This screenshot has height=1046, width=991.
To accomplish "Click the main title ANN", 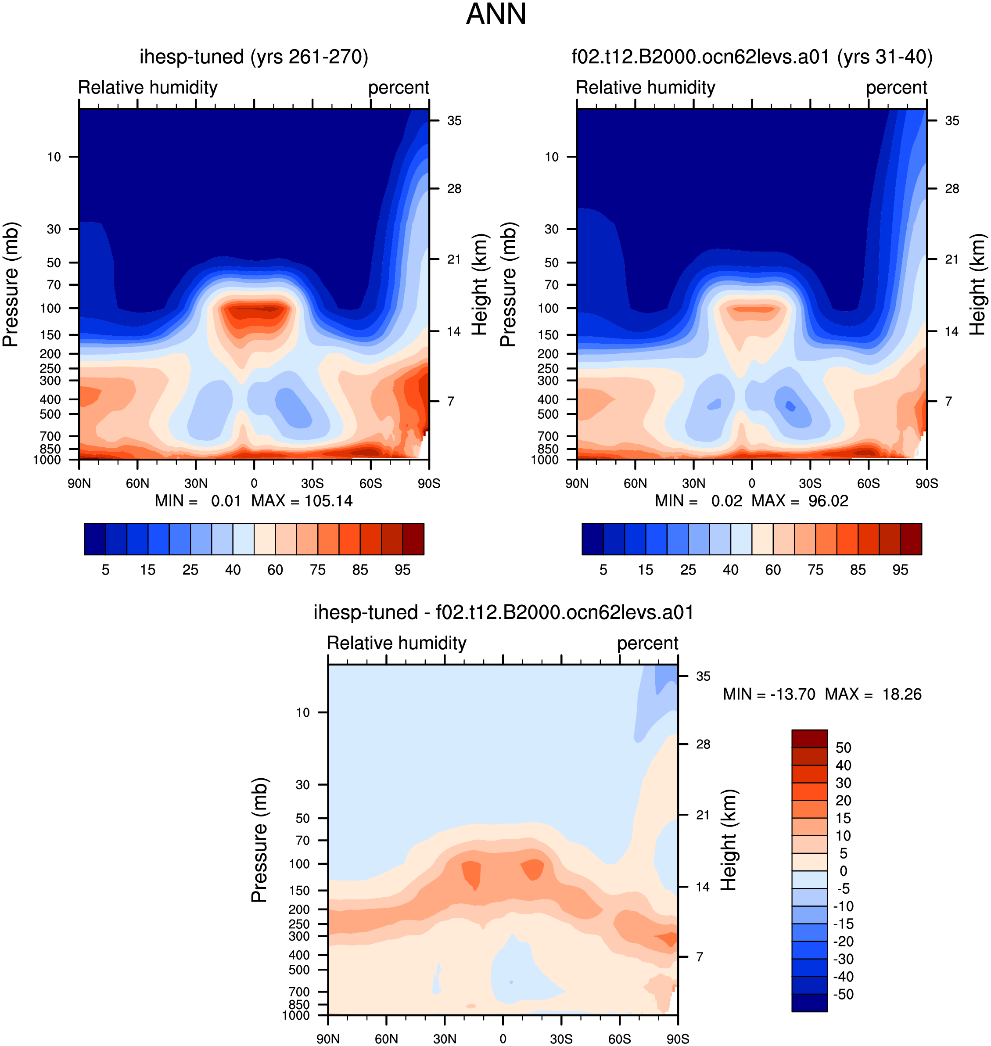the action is (x=495, y=14).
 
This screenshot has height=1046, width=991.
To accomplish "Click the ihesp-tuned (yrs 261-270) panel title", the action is (x=254, y=57).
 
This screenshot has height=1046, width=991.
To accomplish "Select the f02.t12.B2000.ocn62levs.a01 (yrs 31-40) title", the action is (x=752, y=57).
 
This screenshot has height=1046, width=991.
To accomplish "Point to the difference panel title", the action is (x=503, y=612).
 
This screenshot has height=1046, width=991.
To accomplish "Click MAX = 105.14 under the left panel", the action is (x=302, y=501).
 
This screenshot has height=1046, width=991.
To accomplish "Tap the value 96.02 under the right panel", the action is (x=828, y=501).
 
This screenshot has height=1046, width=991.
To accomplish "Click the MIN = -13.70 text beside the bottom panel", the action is (x=768, y=694).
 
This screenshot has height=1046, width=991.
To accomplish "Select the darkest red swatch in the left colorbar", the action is (x=413, y=539).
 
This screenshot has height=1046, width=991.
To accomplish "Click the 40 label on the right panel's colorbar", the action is (x=731, y=569).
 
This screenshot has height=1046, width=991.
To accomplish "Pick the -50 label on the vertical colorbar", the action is (x=843, y=994).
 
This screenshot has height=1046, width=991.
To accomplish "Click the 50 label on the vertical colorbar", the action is (x=843, y=748).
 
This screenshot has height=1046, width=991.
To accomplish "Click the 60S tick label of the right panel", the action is (x=869, y=483).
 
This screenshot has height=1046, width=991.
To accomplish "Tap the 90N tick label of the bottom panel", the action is (x=328, y=1039).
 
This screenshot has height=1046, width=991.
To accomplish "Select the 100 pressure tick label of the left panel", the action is (x=51, y=308).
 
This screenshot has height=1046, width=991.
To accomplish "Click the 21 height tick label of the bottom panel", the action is (x=703, y=815).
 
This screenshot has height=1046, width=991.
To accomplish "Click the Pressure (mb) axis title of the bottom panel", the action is (x=259, y=840).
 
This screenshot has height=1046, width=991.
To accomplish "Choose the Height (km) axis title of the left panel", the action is (x=479, y=284).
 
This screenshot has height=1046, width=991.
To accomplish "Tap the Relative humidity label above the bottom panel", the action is (x=397, y=643).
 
